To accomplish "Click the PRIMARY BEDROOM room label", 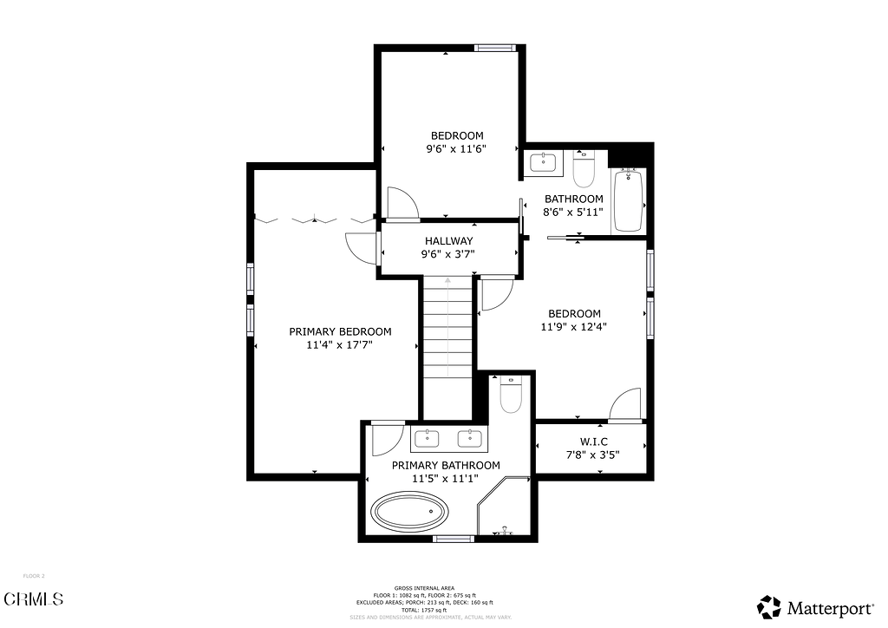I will coord(340,331).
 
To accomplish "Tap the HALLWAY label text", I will coord(448,241).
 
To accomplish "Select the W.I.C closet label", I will coord(594,442).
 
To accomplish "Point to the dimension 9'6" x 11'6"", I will coord(456,148).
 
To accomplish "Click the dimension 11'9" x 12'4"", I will coord(573,327).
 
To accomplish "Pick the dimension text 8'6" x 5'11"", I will coord(573,212).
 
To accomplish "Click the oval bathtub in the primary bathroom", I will coord(410,512).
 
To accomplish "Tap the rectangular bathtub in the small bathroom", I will coord(628,200).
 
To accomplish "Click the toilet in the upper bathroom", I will coord(583,169).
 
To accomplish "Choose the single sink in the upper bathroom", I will coord(544,162).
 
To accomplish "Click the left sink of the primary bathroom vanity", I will coord(428,438).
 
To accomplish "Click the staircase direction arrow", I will coord(447,281).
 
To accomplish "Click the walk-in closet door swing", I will coord(626,405).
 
